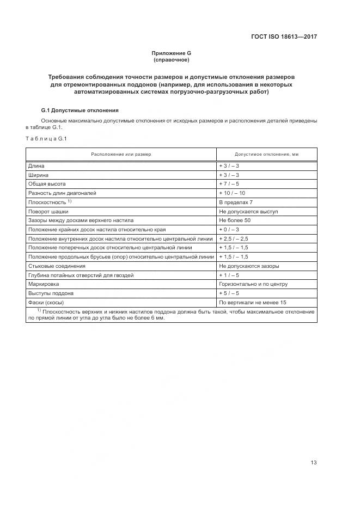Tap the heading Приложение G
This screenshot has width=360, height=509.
[x=171, y=53]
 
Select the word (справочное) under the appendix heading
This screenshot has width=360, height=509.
[x=171, y=60]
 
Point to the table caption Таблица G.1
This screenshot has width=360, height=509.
[x=46, y=138]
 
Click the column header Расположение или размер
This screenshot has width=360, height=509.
[x=121, y=155]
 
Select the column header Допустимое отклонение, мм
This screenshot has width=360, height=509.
[x=266, y=155]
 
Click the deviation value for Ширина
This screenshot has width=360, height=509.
[x=229, y=175]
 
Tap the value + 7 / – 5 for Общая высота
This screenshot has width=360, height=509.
[x=229, y=184]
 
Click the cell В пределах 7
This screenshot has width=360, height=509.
[x=236, y=202]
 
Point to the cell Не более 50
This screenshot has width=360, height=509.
[x=235, y=220]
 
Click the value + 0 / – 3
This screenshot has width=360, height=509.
[x=229, y=230]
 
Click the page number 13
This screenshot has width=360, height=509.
[x=313, y=447]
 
